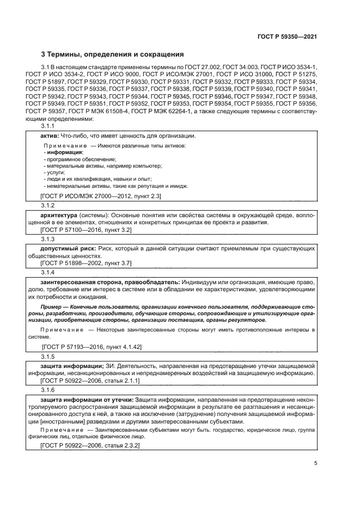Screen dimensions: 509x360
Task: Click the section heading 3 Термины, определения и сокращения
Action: (x=113, y=54)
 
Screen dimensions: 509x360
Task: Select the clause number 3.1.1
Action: (x=48, y=126)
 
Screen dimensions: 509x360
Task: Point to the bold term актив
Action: (x=50, y=136)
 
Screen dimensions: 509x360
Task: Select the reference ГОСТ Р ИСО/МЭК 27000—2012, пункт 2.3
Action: (x=100, y=195)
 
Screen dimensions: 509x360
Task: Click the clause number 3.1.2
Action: (x=48, y=205)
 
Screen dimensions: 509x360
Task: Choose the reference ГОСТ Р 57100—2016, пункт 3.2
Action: (x=86, y=230)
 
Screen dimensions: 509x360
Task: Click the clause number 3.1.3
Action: (x=48, y=240)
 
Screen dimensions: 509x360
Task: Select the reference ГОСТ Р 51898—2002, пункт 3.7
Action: (x=86, y=263)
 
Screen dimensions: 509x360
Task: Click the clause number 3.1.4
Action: (x=48, y=272)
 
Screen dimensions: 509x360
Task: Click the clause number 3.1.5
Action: (x=48, y=356)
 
